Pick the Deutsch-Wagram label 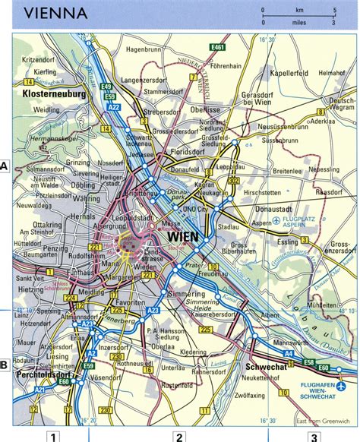(344, 104)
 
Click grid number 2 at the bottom (179, 436)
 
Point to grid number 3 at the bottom (314, 436)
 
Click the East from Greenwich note (318, 420)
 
